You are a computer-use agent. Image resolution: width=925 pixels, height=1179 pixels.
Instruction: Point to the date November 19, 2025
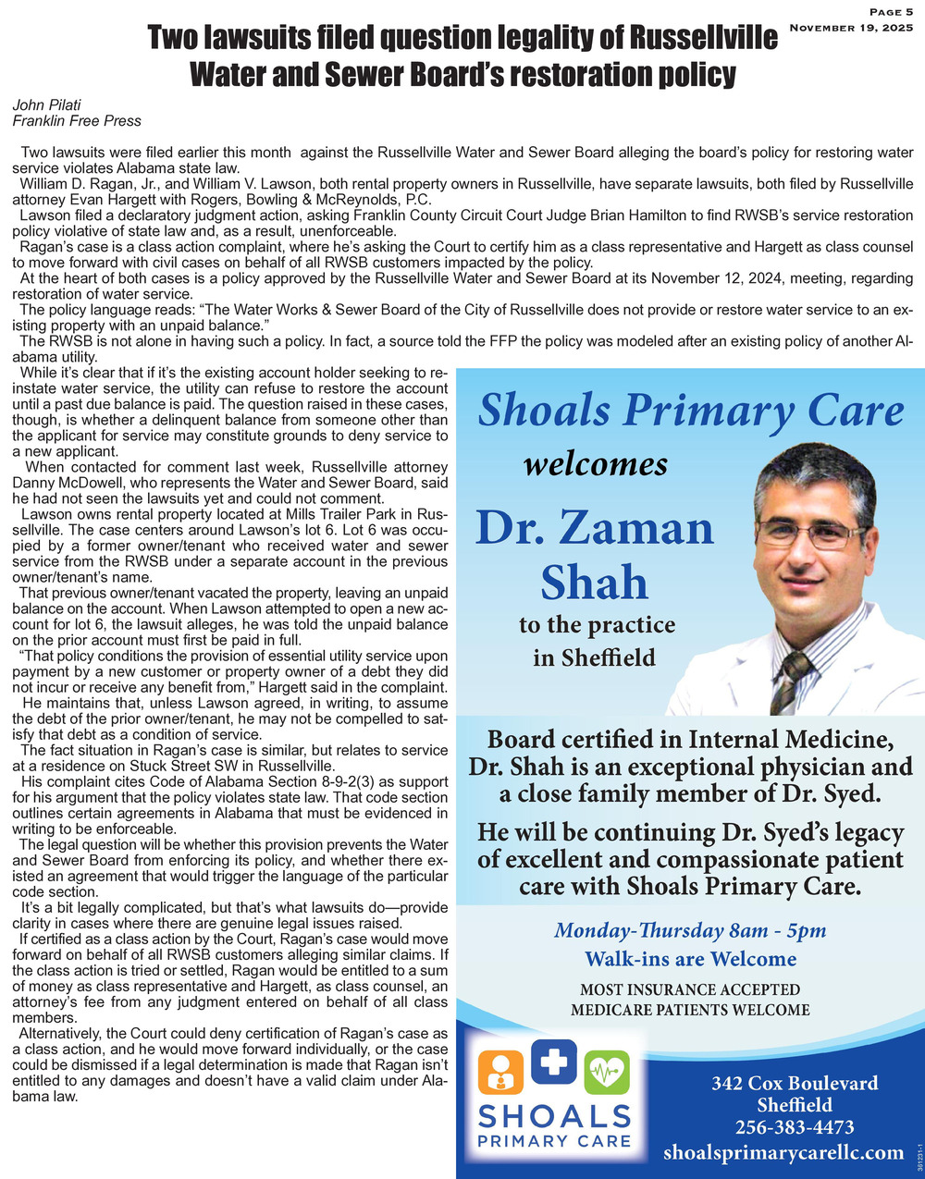[851, 28]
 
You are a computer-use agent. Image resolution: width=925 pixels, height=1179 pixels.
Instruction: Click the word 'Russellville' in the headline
[703, 39]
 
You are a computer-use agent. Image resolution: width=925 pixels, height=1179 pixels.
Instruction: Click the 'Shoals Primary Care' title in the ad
[690, 411]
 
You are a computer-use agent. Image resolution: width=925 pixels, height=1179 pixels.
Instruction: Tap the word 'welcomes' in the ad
[596, 462]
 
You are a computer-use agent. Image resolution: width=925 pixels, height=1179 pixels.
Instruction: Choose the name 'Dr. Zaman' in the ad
[595, 529]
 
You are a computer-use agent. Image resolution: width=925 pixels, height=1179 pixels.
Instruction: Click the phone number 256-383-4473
[794, 1127]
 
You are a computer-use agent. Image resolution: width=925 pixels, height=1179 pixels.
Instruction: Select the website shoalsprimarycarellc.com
[783, 1152]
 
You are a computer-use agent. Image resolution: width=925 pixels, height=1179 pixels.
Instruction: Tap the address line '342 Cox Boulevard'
[795, 1083]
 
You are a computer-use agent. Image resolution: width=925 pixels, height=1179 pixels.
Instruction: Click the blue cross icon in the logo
[554, 1063]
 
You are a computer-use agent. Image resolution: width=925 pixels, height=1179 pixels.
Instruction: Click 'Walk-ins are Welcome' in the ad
[690, 958]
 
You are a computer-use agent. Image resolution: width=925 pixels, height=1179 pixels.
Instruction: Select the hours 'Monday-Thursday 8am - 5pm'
[690, 930]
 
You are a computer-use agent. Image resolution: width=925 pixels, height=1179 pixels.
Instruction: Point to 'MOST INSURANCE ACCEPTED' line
[690, 990]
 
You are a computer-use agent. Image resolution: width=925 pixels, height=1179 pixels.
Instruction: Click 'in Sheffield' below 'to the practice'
[594, 657]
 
